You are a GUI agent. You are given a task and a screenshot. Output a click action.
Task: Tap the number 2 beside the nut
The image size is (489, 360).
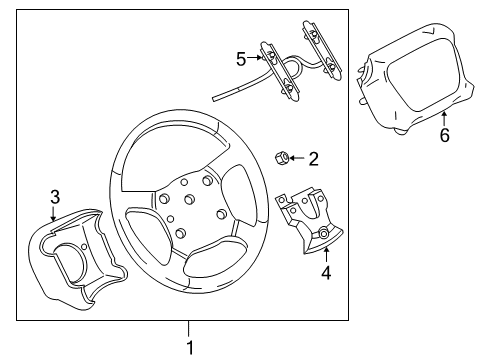[313, 157]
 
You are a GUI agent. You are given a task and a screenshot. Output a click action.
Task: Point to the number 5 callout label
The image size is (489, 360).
[240, 59]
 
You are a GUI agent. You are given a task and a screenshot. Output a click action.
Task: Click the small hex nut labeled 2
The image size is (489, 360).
[283, 157]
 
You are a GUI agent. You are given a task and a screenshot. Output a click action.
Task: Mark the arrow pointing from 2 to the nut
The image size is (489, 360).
[298, 157]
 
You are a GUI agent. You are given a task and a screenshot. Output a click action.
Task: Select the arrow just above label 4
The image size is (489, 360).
[325, 251]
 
